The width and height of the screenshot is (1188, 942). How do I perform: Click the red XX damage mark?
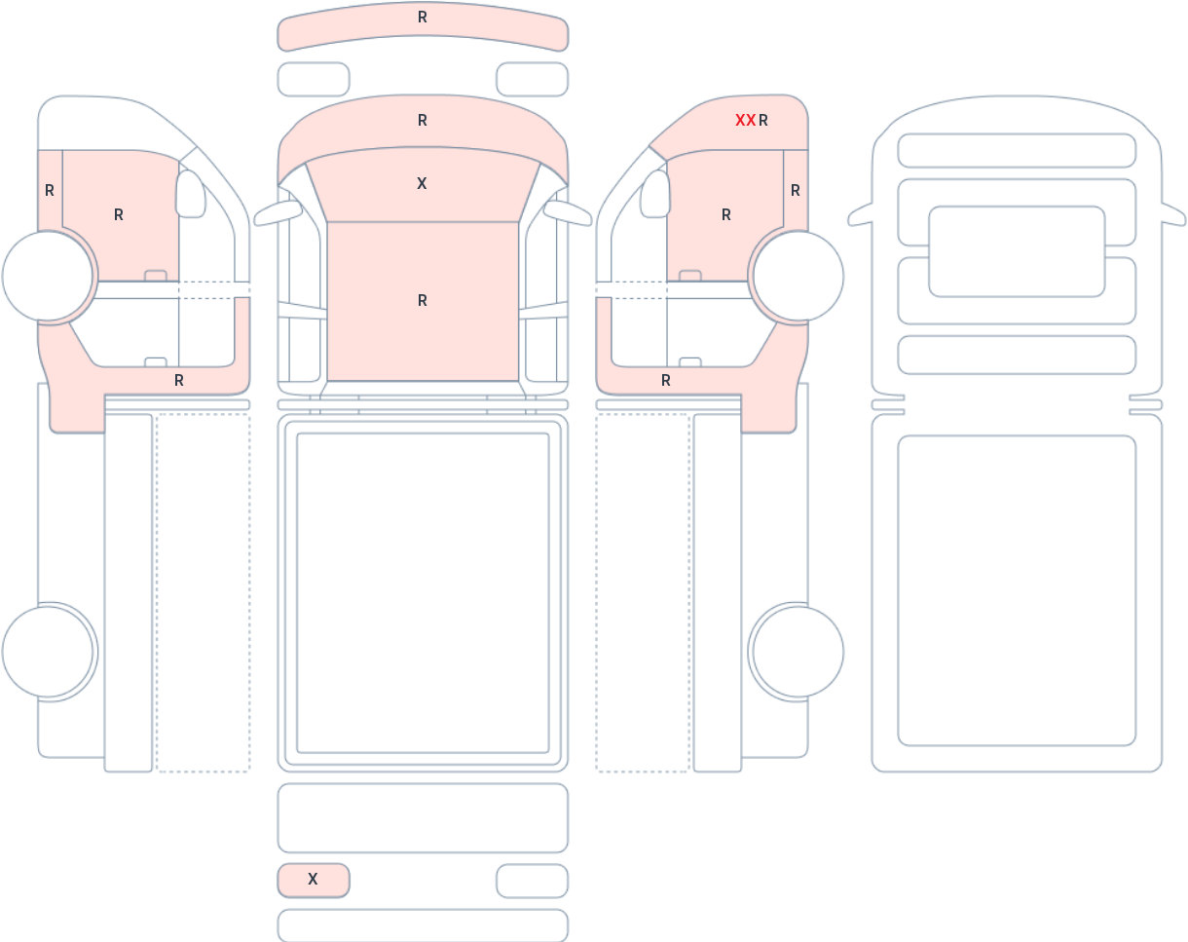(x=745, y=121)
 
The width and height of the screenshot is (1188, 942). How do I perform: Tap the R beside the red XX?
(x=762, y=121)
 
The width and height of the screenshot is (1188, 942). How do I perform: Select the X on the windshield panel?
(x=422, y=183)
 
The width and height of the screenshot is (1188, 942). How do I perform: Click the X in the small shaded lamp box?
(x=313, y=879)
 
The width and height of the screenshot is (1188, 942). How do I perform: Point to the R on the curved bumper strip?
(x=423, y=18)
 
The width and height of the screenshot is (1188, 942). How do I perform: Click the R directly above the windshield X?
(x=423, y=121)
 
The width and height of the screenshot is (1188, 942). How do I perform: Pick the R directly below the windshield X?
(x=423, y=300)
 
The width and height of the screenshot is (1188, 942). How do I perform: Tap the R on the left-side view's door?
(x=119, y=214)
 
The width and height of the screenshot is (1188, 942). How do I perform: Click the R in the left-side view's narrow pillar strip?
(x=50, y=191)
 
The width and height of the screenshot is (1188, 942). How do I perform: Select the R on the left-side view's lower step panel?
(x=179, y=381)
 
